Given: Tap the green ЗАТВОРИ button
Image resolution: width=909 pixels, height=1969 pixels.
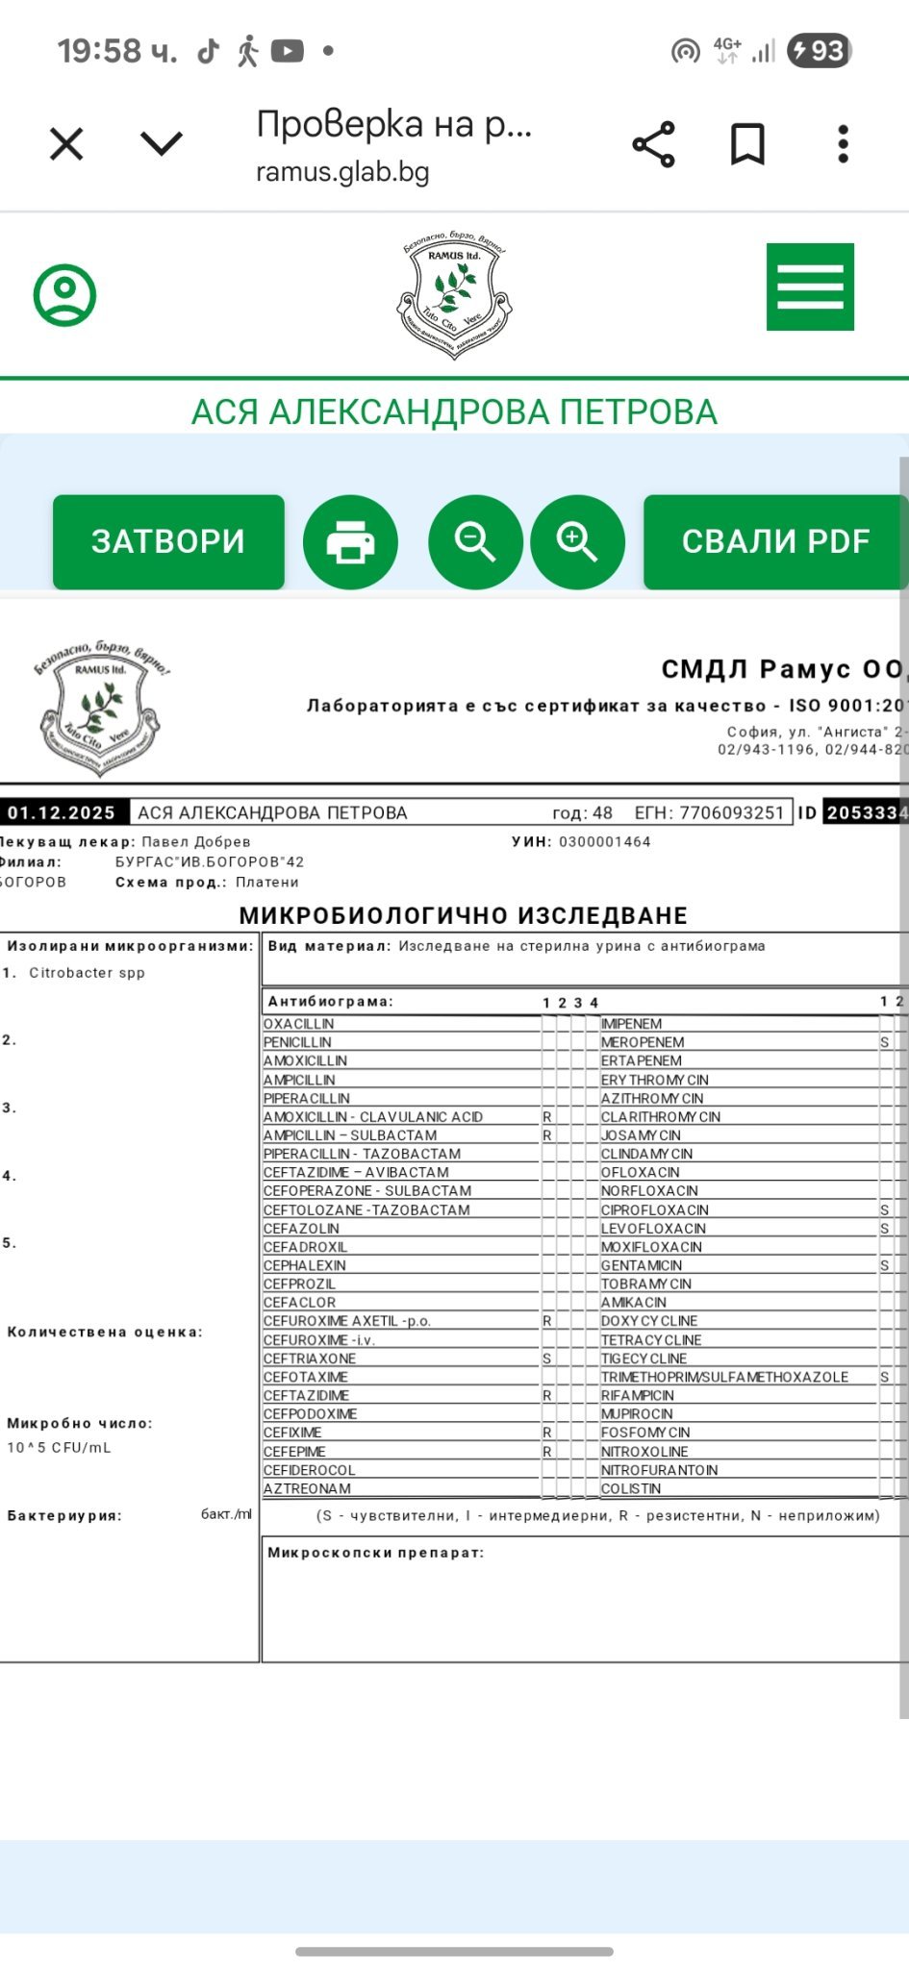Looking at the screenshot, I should click(x=168, y=541).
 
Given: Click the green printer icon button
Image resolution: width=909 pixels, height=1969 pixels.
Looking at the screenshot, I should click(x=350, y=542).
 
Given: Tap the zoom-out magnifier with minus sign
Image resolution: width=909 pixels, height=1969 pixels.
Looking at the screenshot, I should click(x=475, y=542).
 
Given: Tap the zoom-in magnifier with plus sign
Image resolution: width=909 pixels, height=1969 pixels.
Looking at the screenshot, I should click(x=577, y=542).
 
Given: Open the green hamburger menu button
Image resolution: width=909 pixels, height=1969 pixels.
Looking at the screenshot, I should click(x=810, y=287).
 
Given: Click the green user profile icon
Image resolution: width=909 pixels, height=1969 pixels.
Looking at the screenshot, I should click(x=65, y=294).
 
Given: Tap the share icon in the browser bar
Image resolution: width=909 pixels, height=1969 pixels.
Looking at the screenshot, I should click(x=654, y=145).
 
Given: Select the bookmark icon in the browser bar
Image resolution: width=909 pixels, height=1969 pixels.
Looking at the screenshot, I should click(x=747, y=145).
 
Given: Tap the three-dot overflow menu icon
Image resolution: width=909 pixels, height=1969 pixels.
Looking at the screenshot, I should click(x=843, y=145).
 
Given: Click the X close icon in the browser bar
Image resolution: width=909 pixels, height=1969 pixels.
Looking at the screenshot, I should click(x=66, y=145).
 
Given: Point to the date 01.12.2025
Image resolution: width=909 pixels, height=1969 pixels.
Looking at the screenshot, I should click(x=62, y=812).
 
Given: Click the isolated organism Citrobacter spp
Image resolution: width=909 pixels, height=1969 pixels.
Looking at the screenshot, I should click(x=87, y=973).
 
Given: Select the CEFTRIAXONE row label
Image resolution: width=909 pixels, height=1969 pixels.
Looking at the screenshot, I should click(x=310, y=1358).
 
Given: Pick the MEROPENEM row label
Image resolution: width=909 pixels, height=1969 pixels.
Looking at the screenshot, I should click(x=643, y=1042).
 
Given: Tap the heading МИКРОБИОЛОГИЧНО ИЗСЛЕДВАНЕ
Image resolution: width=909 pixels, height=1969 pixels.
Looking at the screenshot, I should click(x=464, y=915).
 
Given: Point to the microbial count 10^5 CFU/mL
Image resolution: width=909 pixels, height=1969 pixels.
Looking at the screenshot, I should click(x=59, y=1447).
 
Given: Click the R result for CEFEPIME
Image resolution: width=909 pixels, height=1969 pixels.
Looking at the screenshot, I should click(x=547, y=1452).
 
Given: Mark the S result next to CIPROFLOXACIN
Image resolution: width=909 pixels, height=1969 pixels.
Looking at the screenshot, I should click(x=884, y=1209).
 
